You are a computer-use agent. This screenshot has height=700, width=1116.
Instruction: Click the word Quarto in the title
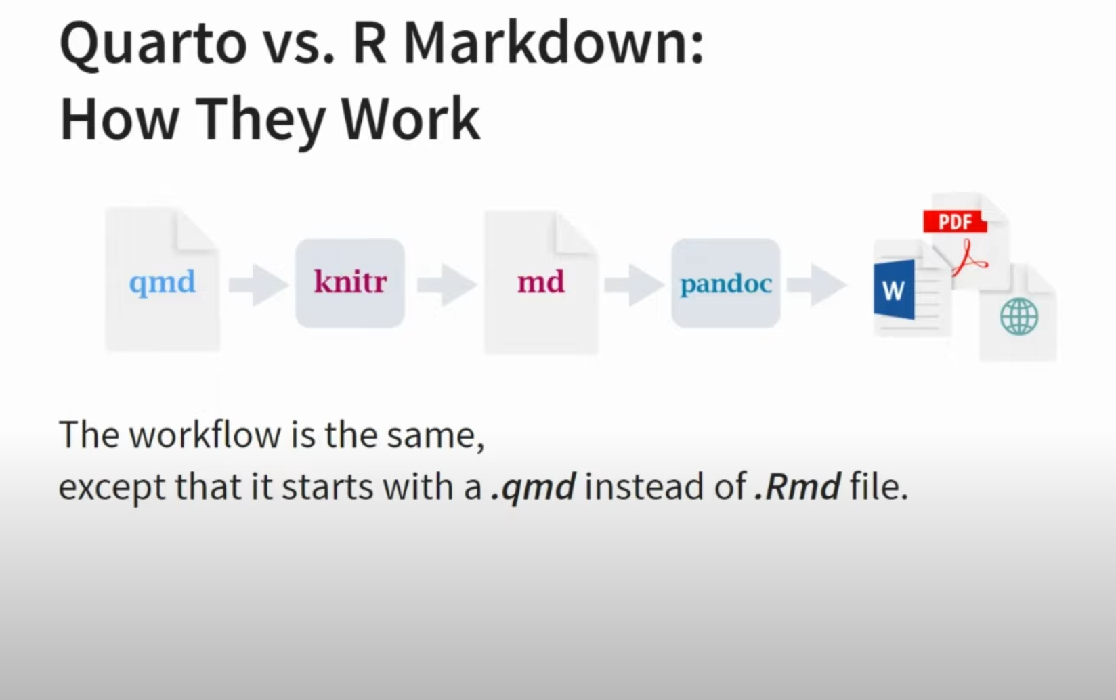pos(154,43)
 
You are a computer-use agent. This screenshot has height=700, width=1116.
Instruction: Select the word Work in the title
pos(411,119)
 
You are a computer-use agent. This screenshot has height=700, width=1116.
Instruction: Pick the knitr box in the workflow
pos(349,282)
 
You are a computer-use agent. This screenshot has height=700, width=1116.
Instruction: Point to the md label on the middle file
pos(541,282)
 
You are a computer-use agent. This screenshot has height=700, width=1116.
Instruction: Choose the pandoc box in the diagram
pos(726,282)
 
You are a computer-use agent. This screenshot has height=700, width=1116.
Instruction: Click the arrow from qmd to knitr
pos(258,284)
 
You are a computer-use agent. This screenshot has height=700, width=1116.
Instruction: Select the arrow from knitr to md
pos(447,284)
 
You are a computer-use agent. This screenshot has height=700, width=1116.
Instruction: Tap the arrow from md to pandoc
pos(635,284)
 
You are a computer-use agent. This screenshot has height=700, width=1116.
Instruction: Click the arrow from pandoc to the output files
pos(817,284)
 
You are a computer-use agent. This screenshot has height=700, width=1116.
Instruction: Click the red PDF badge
pos(955,221)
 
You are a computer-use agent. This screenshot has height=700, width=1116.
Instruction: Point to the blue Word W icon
pos(895,290)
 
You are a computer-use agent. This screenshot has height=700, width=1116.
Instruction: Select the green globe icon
pos(1019,317)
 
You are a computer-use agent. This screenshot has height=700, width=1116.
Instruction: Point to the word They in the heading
pos(260,122)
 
